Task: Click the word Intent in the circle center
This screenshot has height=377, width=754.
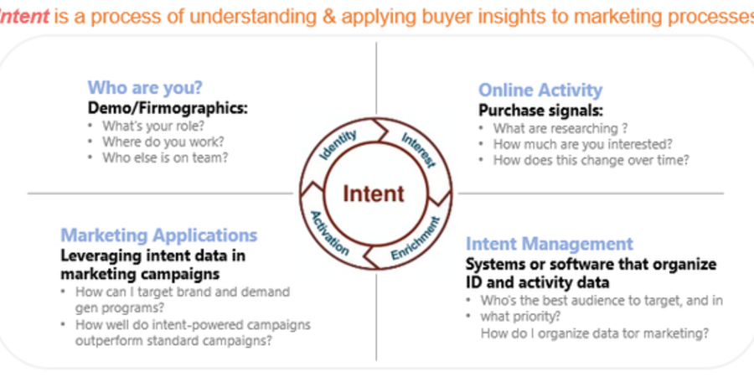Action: click(374, 194)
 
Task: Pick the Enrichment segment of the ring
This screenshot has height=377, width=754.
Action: click(415, 239)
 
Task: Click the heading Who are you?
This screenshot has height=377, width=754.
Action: click(145, 87)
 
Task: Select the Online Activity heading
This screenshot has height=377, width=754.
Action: click(540, 90)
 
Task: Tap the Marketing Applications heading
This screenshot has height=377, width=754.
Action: click(158, 235)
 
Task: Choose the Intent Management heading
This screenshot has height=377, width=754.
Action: click(550, 243)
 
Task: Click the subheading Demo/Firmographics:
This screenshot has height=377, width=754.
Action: click(168, 108)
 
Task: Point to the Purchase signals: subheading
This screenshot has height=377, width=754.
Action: click(540, 111)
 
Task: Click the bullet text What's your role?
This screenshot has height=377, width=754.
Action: click(153, 126)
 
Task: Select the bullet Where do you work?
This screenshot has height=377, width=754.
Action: click(163, 142)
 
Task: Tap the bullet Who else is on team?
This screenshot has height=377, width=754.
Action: click(165, 158)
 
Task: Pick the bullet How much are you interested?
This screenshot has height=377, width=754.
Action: click(583, 144)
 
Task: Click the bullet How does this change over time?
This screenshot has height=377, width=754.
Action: click(591, 160)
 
